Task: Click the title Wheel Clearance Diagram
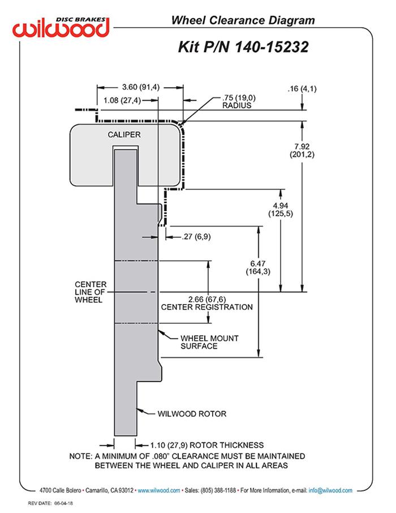pyautogui.click(x=243, y=21)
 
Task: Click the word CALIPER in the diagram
pyautogui.click(x=124, y=135)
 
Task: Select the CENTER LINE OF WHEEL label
pyautogui.click(x=90, y=292)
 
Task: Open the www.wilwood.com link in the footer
pyautogui.click(x=159, y=490)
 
